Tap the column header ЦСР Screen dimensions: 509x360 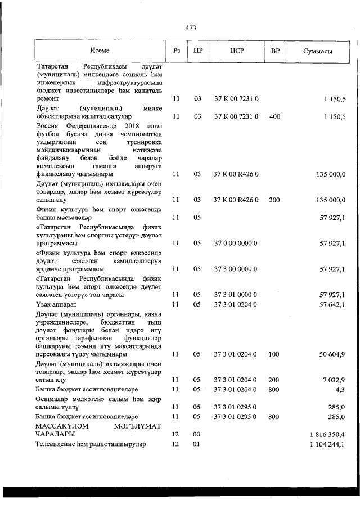(236, 51)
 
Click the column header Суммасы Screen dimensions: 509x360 (317, 51)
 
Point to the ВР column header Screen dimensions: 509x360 (275, 51)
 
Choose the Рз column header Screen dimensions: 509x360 (176, 51)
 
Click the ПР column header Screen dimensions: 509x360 (197, 51)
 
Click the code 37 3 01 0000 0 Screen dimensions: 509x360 (236, 295)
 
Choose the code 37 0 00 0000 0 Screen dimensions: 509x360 (236, 243)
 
